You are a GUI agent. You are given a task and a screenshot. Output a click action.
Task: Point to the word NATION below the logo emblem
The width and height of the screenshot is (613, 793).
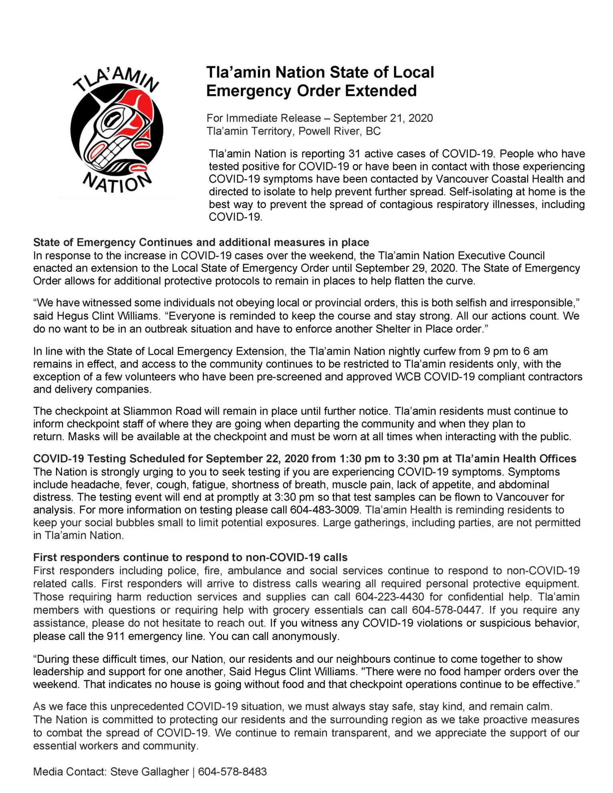pos(117,183)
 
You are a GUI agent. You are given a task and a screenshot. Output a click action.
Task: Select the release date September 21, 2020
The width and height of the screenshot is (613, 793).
pos(383,118)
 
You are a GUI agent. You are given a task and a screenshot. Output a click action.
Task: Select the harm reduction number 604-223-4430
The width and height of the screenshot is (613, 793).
pos(389,597)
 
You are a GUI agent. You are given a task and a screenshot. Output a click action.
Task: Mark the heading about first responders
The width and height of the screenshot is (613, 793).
pos(190,558)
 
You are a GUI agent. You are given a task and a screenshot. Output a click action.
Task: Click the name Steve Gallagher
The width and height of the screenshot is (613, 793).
pos(149,772)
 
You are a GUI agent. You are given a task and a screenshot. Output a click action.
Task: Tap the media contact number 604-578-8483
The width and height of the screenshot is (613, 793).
pos(232,772)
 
